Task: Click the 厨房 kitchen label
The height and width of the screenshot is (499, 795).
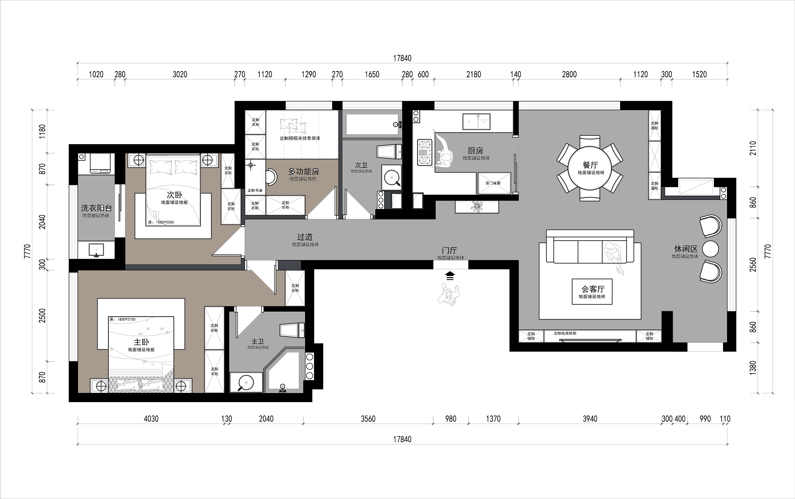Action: click(x=475, y=151)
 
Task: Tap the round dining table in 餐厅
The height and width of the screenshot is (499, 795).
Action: click(x=590, y=168)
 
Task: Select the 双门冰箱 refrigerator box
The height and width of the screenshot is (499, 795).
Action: click(x=494, y=183)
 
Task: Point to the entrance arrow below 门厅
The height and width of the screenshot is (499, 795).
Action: click(x=450, y=276)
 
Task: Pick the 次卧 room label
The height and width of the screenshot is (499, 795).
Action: click(x=174, y=195)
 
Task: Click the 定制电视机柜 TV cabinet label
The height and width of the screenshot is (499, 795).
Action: click(x=565, y=333)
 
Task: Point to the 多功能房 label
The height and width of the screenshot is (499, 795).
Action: click(x=304, y=172)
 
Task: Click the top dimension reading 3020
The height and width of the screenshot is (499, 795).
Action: click(x=180, y=74)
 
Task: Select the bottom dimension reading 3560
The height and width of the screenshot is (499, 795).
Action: click(x=368, y=419)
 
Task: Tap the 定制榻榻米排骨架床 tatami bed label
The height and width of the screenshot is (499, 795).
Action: click(x=300, y=138)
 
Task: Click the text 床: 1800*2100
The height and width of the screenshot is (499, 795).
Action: click(x=122, y=319)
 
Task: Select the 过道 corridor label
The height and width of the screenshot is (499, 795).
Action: click(x=305, y=237)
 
